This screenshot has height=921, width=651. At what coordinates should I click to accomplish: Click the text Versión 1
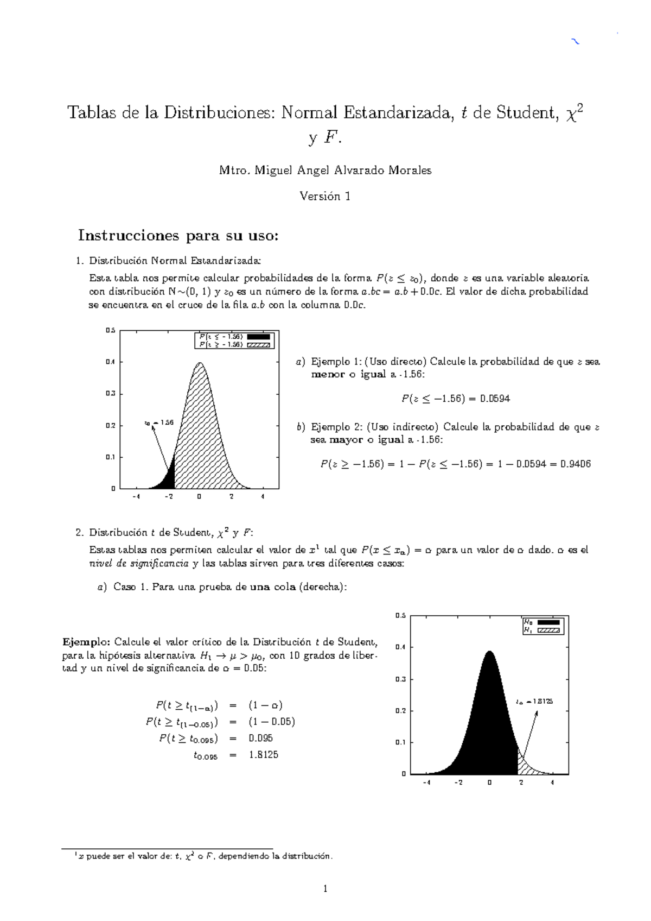tap(325, 197)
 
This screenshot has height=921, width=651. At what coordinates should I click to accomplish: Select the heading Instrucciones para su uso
tap(178, 236)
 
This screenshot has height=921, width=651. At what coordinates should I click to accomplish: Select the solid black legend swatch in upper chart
tap(259, 337)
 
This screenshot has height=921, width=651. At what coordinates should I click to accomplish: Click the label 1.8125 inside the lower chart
tap(541, 701)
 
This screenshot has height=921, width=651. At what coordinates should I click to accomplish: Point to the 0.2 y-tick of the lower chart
tap(400, 710)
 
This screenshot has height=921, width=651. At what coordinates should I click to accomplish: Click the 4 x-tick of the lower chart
tap(552, 783)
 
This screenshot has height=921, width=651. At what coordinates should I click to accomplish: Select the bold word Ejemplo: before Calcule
tap(86, 642)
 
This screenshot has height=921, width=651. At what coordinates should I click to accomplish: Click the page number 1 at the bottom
tap(325, 889)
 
